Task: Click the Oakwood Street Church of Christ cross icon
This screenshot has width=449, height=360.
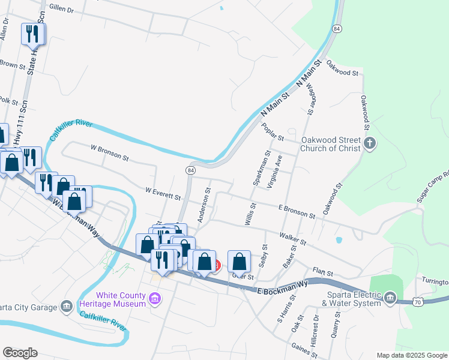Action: point(370,144)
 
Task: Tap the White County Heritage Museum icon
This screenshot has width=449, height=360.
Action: point(155,298)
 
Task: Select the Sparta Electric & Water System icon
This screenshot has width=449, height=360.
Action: point(391,298)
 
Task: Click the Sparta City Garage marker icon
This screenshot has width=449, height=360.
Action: point(66,308)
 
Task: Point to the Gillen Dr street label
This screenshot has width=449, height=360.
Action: point(62,10)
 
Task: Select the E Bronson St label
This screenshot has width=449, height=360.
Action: point(297,211)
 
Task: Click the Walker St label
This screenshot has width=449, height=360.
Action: point(293,239)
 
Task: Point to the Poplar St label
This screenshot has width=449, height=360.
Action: point(273,131)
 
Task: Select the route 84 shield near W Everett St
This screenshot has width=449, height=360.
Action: point(190,170)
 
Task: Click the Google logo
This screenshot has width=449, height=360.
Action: point(20,353)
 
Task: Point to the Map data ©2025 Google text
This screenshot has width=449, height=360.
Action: point(411,355)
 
